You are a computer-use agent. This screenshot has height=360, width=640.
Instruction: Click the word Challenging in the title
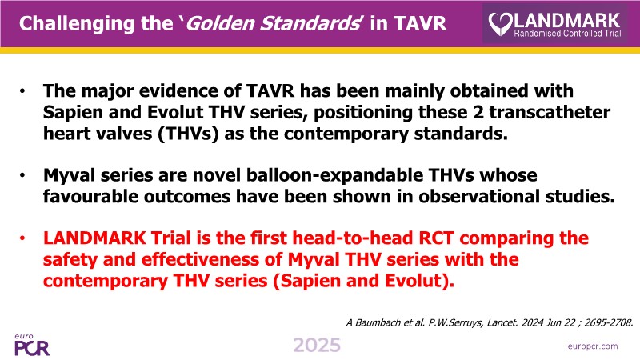tap(77, 24)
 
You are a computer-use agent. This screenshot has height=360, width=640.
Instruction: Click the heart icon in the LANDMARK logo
tap(500, 24)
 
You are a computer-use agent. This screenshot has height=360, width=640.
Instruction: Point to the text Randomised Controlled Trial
tap(567, 33)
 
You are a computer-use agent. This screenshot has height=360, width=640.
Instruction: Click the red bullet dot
tap(22, 238)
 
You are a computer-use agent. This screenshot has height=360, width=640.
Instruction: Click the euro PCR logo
tap(32, 345)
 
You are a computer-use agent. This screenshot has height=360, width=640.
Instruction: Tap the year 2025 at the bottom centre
tap(317, 346)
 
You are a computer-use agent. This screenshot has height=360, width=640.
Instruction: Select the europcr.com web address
tap(593, 346)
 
